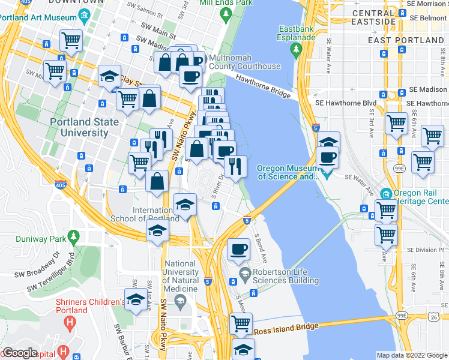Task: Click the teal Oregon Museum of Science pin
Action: click(326, 175)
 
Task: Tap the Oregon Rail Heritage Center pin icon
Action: click(385, 193)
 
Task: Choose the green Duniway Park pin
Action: click(73, 237)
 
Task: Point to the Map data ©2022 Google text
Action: click(411, 355)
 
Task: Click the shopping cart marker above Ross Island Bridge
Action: click(241, 323)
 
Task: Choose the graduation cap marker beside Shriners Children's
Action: click(136, 299)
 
